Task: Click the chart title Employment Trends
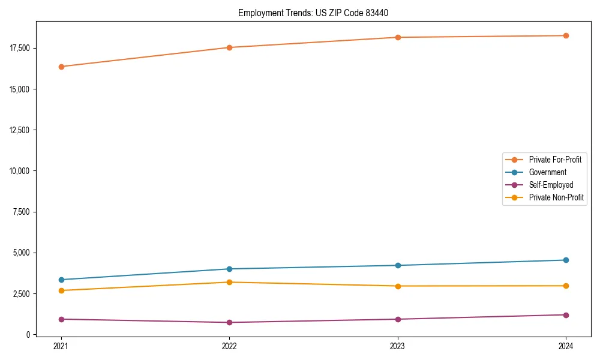317,13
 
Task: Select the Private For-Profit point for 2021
61,67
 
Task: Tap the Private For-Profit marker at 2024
566,35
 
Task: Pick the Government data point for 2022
229,269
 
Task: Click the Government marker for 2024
566,260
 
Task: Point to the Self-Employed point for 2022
229,323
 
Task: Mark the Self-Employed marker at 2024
566,315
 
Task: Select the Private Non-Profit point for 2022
229,282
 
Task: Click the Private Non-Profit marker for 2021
61,290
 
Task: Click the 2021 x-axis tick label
61,346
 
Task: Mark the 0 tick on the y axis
29,335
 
